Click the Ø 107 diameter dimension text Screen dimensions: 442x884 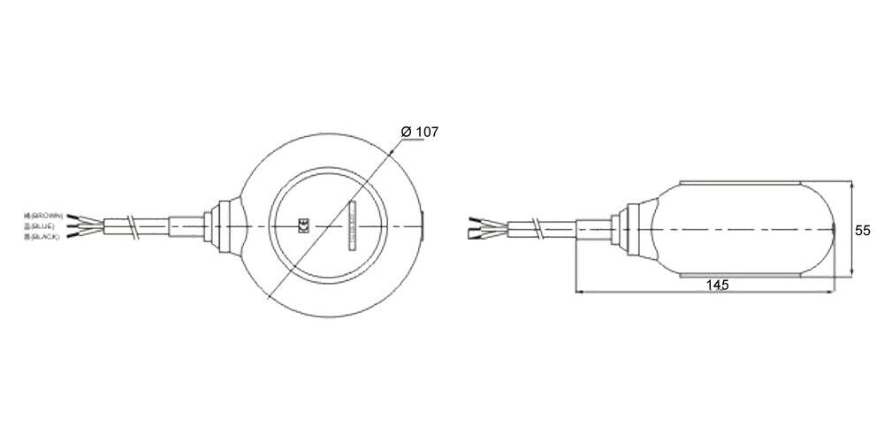pos(419,132)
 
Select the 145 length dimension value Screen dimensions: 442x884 pos(717,285)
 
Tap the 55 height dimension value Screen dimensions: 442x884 pos(863,229)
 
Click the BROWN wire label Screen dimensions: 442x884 pos(43,216)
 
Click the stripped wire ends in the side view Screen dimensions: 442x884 pos(478,227)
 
